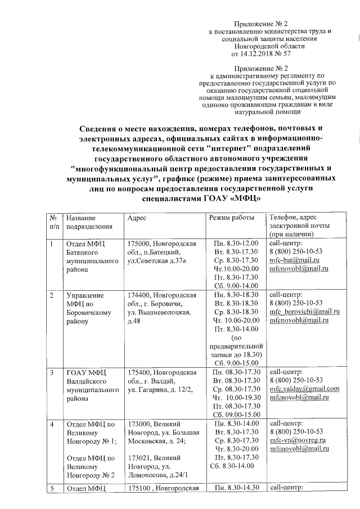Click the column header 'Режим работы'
pyautogui.click(x=228, y=218)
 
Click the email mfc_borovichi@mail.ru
pyautogui.click(x=305, y=311)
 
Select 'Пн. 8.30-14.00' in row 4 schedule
pyautogui.click(x=235, y=423)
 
